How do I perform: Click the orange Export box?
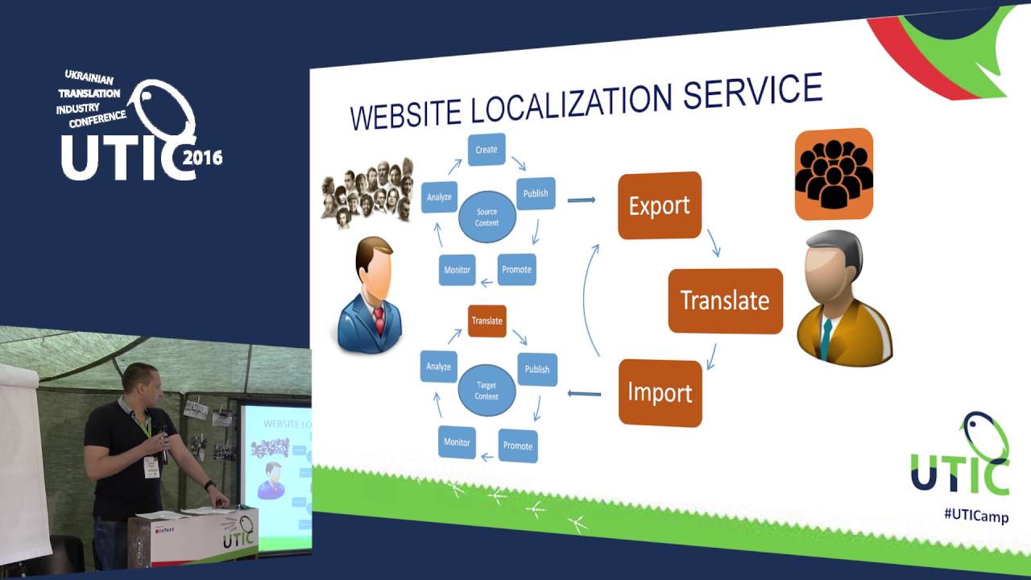tap(659, 205)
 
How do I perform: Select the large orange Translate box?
tap(725, 300)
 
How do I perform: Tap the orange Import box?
tap(660, 393)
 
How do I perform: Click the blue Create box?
tap(487, 150)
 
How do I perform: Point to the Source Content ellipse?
tap(487, 217)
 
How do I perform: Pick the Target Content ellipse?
tap(487, 391)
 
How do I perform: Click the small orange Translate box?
tap(487, 321)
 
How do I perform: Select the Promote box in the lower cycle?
tap(517, 445)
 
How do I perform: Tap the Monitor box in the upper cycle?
tap(457, 270)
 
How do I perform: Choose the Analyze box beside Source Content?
tap(439, 197)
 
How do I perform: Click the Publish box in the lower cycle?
tap(536, 369)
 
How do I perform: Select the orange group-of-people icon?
tap(834, 174)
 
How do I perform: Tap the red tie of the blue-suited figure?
tap(379, 319)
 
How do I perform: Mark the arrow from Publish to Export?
tap(581, 199)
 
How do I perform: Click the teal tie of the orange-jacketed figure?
tap(825, 338)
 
